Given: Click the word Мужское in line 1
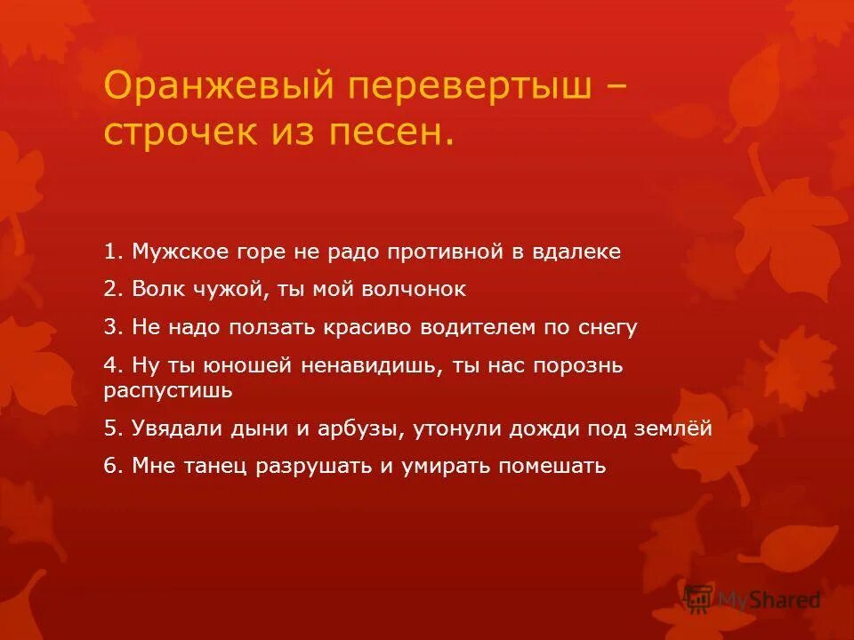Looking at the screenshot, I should click(173, 252).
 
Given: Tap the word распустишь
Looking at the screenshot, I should click(168, 390).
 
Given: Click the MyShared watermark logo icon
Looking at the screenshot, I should click(699, 600).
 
